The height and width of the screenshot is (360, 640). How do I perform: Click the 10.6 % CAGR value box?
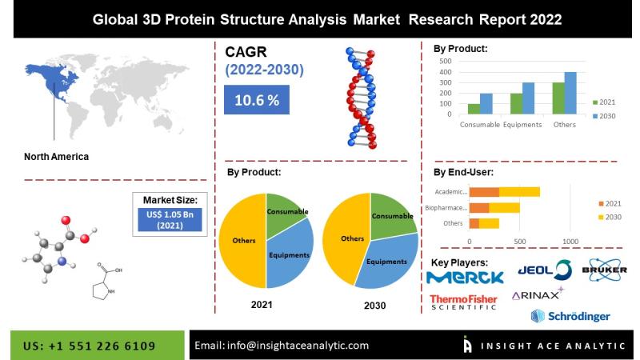click(256, 99)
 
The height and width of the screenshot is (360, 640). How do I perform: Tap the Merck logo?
click(465, 278)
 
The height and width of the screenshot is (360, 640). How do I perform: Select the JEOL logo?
click(545, 270)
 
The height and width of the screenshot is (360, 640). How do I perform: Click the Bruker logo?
click(605, 270)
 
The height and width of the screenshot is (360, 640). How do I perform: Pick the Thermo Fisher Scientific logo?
click(463, 302)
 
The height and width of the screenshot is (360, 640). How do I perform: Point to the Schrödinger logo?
click(570, 316)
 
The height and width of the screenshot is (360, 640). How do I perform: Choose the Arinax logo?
click(538, 294)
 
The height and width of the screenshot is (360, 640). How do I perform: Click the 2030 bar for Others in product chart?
click(570, 93)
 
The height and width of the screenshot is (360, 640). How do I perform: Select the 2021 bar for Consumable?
click(474, 109)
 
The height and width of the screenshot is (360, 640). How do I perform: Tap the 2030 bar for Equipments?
click(528, 98)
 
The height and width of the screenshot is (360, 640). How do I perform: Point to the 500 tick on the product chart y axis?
click(446, 62)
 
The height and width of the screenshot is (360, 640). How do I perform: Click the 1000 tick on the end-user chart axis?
click(570, 242)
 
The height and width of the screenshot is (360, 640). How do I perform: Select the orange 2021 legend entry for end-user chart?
click(610, 204)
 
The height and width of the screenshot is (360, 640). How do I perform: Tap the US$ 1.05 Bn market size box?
click(170, 219)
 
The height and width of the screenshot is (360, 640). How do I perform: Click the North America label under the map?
click(56, 157)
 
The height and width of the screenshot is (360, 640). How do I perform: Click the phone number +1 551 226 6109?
click(102, 346)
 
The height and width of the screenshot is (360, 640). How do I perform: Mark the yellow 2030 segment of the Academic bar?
click(519, 192)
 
